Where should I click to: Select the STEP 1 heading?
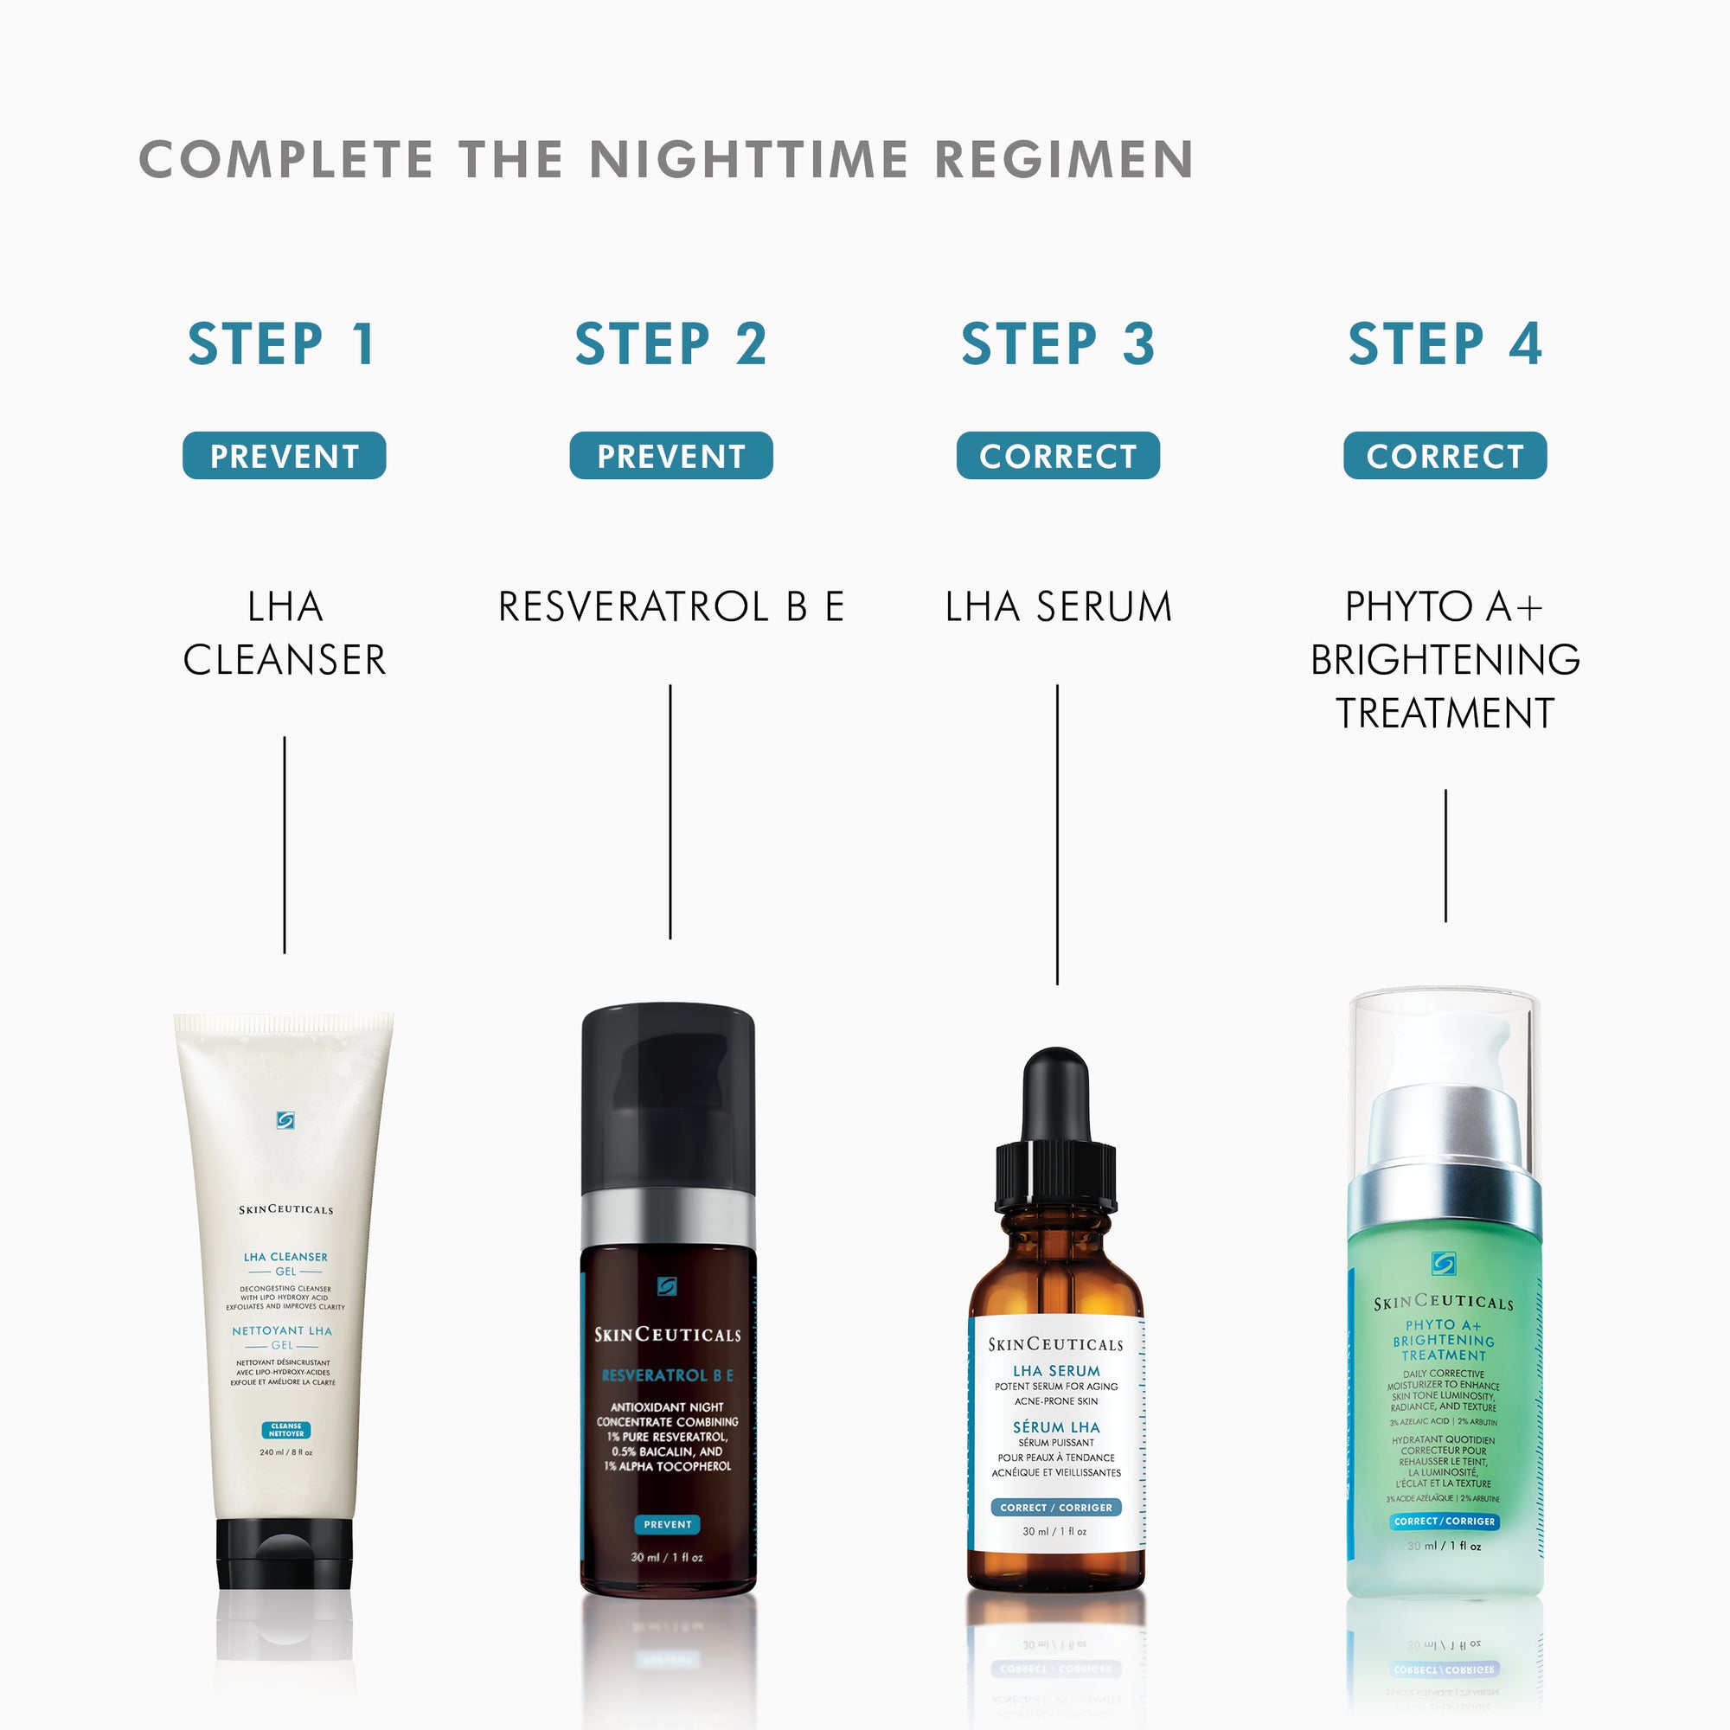click(282, 345)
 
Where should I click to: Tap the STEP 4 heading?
click(1445, 345)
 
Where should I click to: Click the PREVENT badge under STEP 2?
click(670, 456)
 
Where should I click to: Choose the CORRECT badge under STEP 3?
click(1058, 456)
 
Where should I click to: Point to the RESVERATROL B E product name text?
click(670, 606)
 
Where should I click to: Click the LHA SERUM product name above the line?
click(1058, 606)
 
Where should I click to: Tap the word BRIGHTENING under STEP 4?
click(1445, 660)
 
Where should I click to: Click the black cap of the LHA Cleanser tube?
click(284, 1554)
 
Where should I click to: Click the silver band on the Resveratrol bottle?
click(668, 1221)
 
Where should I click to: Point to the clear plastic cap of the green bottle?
click(1445, 1039)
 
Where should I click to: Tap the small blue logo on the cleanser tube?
click(285, 1120)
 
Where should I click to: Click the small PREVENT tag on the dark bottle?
click(667, 1524)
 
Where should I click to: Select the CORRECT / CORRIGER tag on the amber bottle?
click(1055, 1507)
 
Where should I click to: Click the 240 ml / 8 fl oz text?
click(285, 1452)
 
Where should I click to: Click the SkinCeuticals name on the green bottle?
click(1444, 1303)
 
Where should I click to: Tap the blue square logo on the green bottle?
click(1444, 1264)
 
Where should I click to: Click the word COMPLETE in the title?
click(286, 159)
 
